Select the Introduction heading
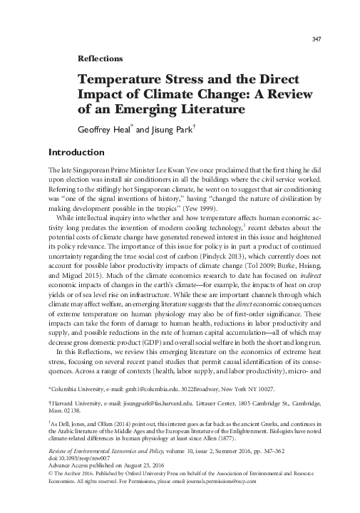tap(76, 152)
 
